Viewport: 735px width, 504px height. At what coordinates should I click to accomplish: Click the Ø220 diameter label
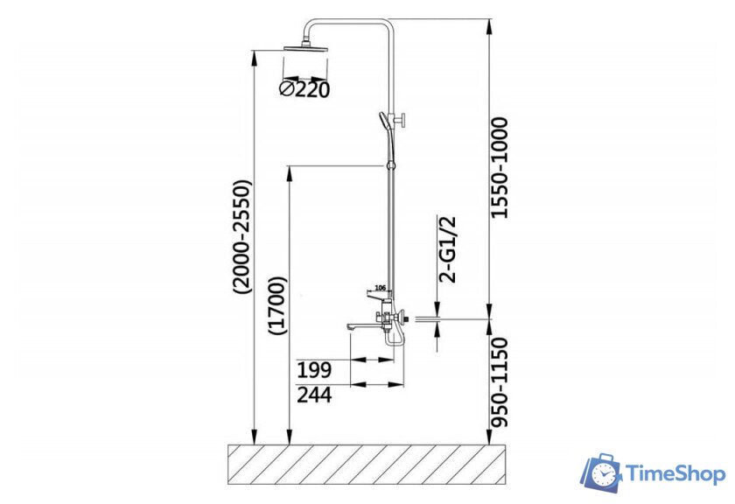tap(304, 89)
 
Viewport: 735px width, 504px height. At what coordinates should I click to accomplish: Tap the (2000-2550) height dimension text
tap(243, 238)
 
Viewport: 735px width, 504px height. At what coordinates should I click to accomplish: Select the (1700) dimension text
tap(277, 305)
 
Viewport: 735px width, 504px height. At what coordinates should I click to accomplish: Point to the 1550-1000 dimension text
tap(500, 168)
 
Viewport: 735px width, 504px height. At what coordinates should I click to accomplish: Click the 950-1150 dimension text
tap(500, 382)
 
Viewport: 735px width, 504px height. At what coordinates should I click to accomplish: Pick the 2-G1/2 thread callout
tap(447, 249)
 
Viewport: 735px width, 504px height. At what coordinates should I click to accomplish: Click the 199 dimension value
tap(314, 370)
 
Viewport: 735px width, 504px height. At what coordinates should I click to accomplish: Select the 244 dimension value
tap(314, 395)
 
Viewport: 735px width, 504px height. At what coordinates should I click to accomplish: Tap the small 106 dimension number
tap(380, 287)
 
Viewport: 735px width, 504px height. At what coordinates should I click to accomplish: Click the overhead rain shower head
tap(306, 48)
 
